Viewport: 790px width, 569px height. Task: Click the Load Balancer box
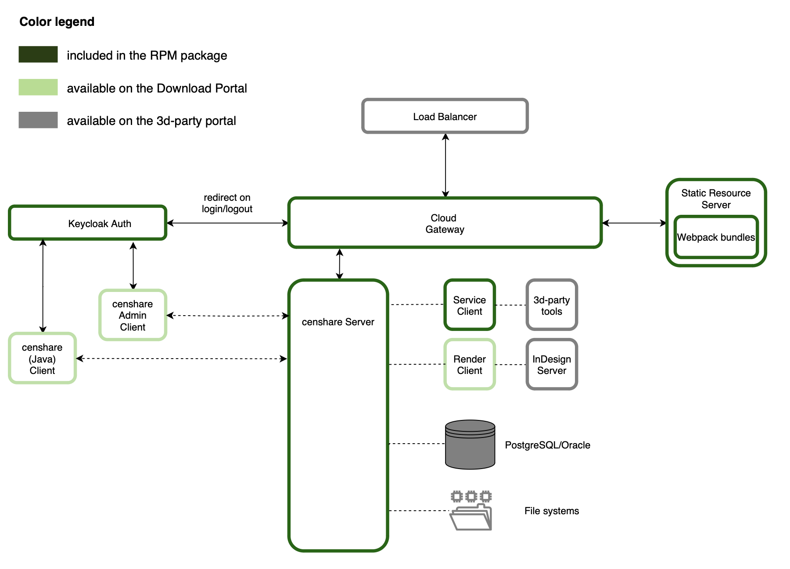point(445,116)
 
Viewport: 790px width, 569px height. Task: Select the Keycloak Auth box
point(88,223)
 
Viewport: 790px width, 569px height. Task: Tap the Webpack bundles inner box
point(716,237)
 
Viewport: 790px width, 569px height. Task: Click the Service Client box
point(470,305)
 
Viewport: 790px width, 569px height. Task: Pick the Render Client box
point(470,364)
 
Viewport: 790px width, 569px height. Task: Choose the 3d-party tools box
point(552,305)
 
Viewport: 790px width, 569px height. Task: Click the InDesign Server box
point(552,364)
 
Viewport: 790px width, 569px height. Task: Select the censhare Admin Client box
point(133,315)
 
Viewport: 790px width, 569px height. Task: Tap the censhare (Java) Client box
point(42,359)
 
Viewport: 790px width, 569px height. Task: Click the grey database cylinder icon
point(470,445)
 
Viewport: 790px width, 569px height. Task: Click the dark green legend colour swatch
point(38,54)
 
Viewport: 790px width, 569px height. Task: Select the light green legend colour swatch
point(38,87)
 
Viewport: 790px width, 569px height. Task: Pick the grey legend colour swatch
point(38,120)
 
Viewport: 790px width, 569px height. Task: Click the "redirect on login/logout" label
point(227,203)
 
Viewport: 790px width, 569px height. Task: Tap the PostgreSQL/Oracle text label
point(547,445)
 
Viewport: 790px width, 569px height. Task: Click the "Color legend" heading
point(57,21)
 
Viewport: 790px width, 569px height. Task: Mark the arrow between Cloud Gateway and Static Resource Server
point(634,223)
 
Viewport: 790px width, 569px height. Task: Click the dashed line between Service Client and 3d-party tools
point(511,305)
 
